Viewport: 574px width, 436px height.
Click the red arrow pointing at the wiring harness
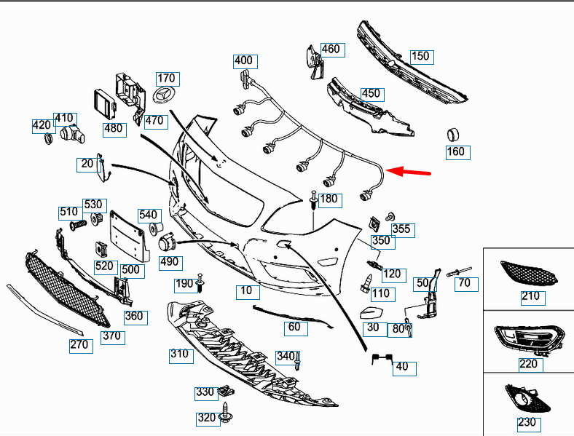(409, 173)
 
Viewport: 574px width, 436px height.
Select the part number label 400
(243, 60)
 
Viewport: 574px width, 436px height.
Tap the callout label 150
(421, 56)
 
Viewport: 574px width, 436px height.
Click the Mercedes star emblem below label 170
(165, 97)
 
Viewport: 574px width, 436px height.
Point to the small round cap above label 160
(454, 135)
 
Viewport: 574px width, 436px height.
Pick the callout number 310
(179, 354)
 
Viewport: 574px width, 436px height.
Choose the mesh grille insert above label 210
(530, 274)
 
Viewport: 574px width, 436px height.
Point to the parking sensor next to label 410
(69, 134)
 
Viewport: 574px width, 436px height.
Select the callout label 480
(113, 129)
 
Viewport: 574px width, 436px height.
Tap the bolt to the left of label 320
(227, 412)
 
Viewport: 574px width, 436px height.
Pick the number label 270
(79, 345)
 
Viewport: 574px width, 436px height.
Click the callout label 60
(294, 327)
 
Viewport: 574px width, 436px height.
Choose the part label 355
(401, 229)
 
